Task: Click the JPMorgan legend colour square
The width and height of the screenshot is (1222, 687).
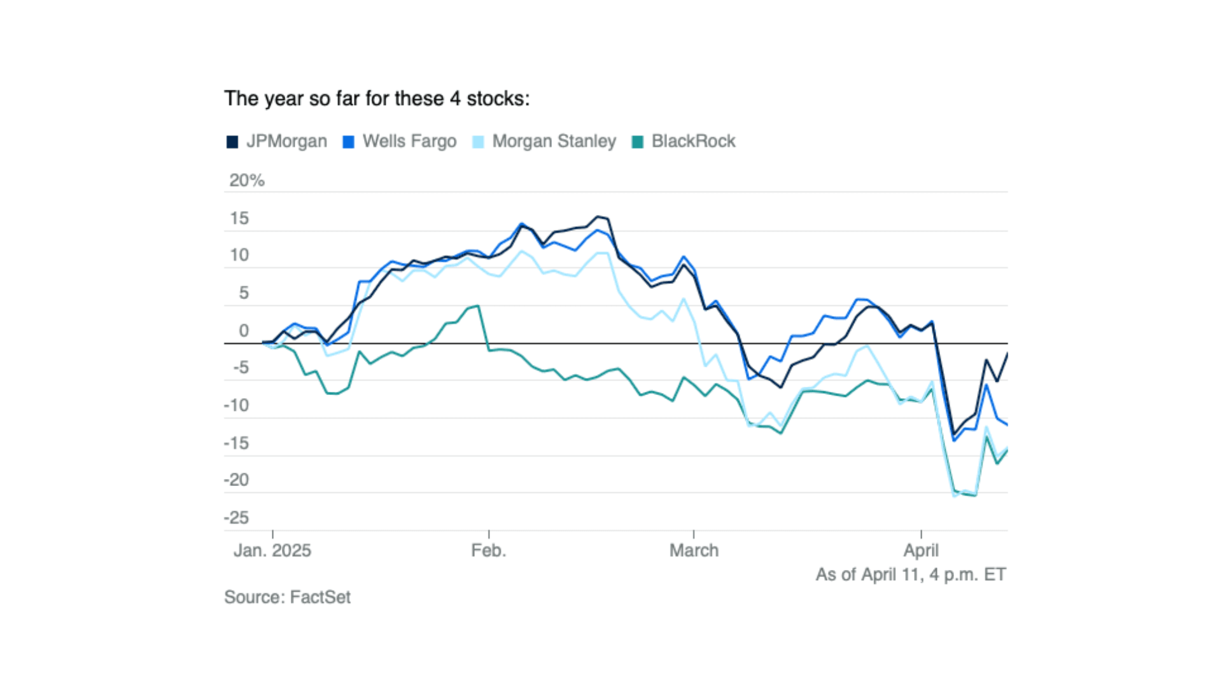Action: (x=232, y=142)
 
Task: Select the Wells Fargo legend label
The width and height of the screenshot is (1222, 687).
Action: (x=409, y=141)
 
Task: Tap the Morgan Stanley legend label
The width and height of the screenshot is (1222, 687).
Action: (x=554, y=141)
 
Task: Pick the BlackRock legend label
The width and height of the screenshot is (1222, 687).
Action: (x=693, y=141)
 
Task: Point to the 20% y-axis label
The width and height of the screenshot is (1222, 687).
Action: (x=247, y=181)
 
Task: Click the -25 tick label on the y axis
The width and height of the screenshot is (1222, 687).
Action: (x=236, y=518)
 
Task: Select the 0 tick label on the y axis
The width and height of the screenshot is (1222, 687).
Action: (x=243, y=331)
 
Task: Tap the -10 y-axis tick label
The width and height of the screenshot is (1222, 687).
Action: (x=236, y=405)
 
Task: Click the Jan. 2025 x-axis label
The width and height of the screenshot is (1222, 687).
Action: (x=272, y=550)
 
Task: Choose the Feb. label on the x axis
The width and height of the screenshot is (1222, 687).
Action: (x=488, y=550)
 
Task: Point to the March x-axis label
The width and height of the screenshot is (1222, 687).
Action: (x=694, y=550)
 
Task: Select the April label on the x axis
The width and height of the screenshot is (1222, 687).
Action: (x=921, y=550)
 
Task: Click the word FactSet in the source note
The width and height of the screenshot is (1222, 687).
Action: (x=320, y=597)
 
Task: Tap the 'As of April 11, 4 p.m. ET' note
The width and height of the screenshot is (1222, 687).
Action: (x=911, y=574)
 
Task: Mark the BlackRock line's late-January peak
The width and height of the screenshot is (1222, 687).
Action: (x=478, y=306)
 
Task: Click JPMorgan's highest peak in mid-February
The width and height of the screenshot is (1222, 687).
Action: (x=598, y=217)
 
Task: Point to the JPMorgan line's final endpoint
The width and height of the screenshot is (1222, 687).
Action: (x=1007, y=353)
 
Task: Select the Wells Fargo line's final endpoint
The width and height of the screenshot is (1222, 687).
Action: (x=1007, y=424)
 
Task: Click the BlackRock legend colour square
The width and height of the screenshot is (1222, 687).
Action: (x=637, y=142)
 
